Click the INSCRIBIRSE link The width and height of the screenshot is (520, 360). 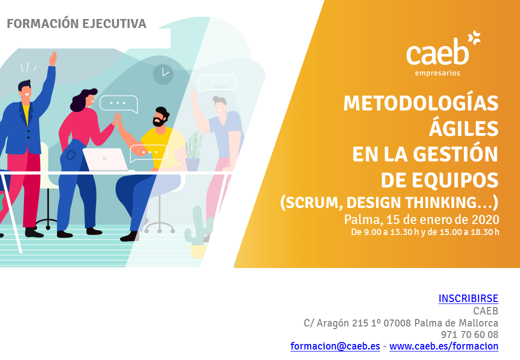(x=468, y=298)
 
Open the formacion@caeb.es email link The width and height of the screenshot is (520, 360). (x=335, y=346)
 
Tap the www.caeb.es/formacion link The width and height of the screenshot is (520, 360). (x=443, y=346)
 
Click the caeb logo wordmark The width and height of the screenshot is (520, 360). (x=437, y=51)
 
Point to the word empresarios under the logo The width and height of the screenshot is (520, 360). (x=437, y=73)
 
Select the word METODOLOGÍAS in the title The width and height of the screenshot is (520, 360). (x=421, y=103)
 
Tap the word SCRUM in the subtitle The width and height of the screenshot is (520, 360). (x=311, y=202)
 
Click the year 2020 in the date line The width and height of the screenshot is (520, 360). (x=485, y=219)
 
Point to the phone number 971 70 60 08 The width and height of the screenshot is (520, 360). (x=469, y=334)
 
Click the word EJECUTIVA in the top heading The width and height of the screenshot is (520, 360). (x=114, y=24)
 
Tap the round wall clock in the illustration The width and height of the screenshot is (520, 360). (x=163, y=74)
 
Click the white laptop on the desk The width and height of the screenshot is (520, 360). (x=105, y=159)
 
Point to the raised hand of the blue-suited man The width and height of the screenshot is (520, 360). (x=52, y=59)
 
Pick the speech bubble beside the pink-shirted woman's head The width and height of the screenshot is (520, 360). (x=118, y=104)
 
